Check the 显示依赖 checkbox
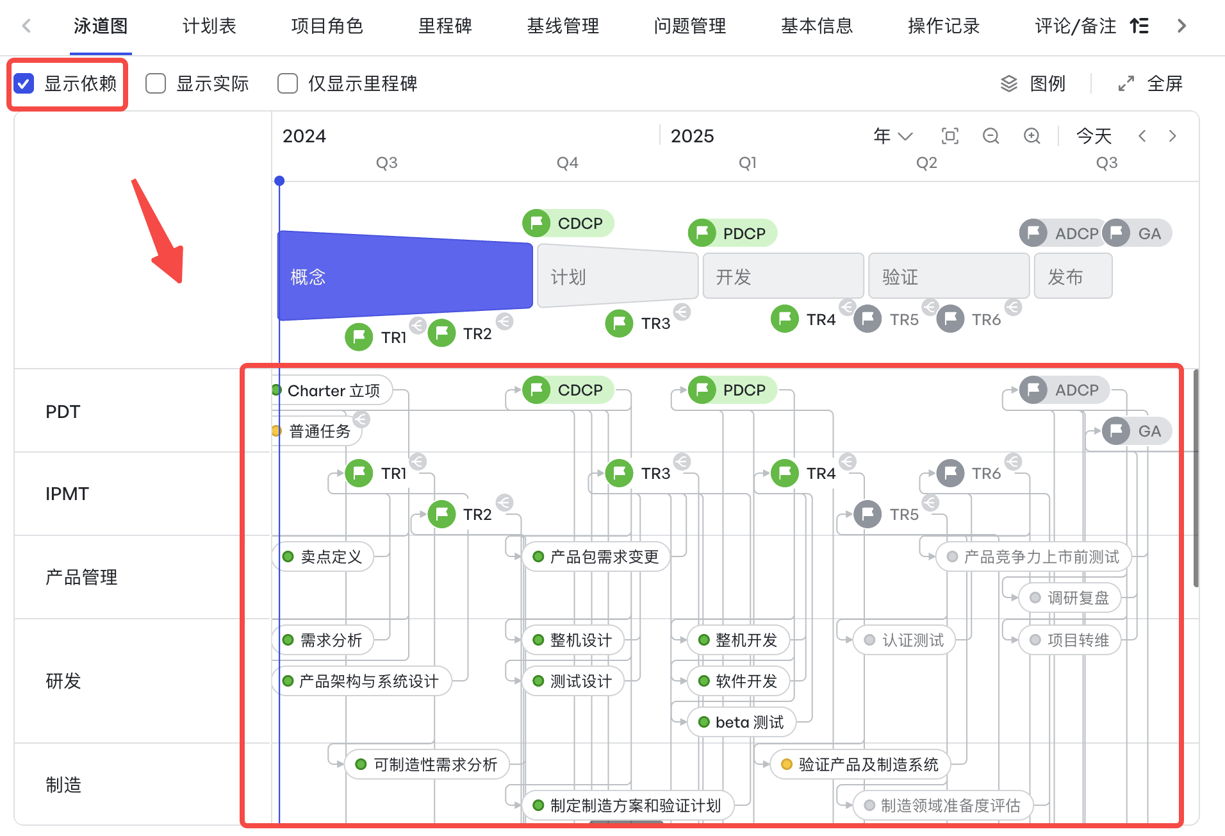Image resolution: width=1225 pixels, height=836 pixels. coord(24,83)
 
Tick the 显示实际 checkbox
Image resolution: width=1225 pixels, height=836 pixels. coord(156,83)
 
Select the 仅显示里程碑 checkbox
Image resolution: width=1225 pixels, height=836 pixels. coord(288,83)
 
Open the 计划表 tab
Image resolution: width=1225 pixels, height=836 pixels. coord(210,26)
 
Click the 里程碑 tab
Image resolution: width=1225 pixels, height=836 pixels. coord(445,26)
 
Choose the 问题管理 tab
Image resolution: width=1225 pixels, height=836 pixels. coord(690,26)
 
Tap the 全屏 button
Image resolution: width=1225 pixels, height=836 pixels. coord(1151,83)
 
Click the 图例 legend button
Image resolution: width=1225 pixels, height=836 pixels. coord(1033,83)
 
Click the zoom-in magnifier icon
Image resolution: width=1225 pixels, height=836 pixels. coord(1032,136)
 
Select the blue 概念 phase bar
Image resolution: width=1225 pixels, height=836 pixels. coord(405,276)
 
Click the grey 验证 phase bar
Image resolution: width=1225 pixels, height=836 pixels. coord(949,276)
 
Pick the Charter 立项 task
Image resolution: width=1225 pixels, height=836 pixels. coord(333,390)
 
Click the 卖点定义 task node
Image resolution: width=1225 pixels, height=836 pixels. coord(324,556)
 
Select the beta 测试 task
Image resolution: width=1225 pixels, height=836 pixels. coord(742,723)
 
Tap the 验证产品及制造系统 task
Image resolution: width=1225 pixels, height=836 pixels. coord(860,764)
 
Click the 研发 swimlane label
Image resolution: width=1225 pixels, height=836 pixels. coord(63,681)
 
